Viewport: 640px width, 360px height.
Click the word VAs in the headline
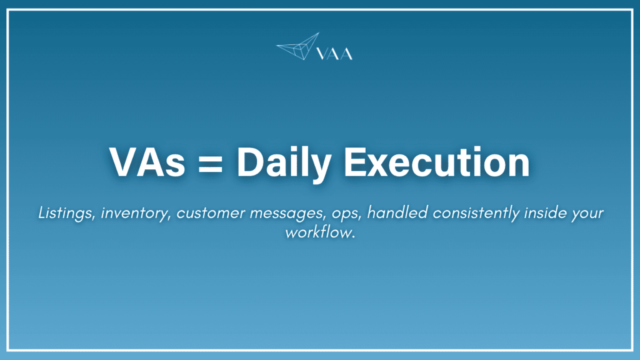144,162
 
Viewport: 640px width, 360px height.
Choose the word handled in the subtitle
389,213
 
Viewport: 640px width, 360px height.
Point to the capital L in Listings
42,213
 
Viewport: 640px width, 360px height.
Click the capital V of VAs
123,162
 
